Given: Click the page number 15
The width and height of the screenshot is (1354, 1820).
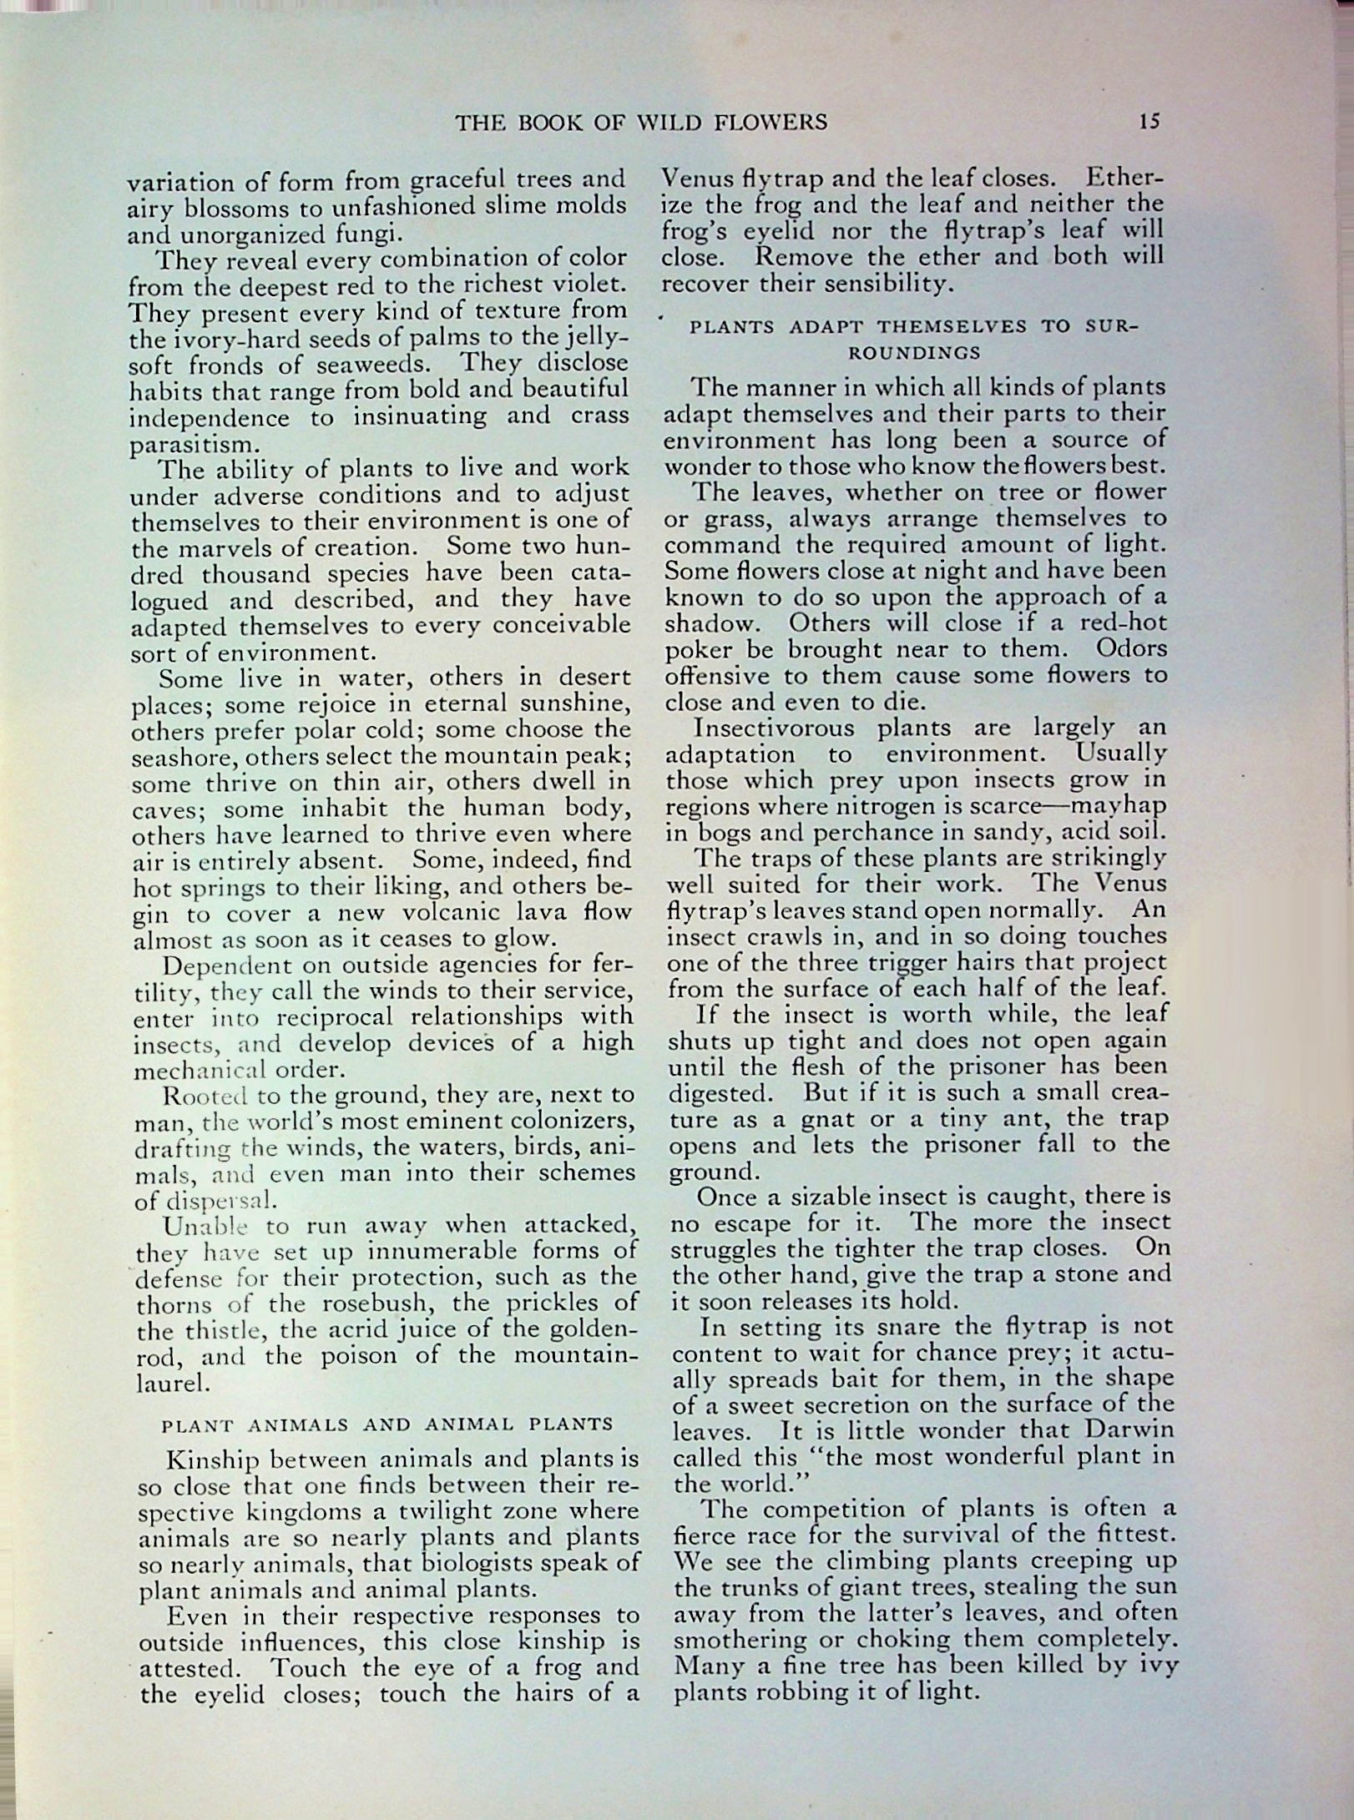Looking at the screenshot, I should [x=1149, y=122].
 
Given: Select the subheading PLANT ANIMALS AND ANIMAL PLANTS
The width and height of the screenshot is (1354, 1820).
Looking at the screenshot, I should [x=387, y=1424].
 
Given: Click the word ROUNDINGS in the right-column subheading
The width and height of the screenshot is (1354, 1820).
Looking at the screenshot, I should [x=914, y=352].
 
